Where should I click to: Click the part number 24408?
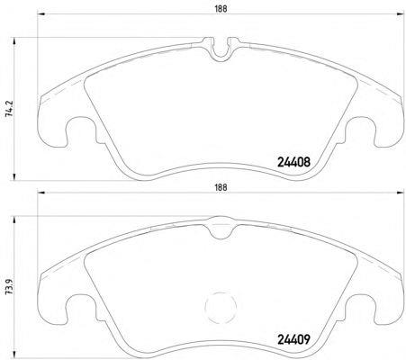(293, 162)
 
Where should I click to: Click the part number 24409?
(293, 340)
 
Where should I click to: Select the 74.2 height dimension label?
(10, 108)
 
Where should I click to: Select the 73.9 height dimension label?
(10, 286)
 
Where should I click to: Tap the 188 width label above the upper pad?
(221, 9)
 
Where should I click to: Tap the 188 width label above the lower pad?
(221, 187)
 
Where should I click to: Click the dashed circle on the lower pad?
(221, 307)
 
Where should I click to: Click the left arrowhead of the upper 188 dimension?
(41, 13)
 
